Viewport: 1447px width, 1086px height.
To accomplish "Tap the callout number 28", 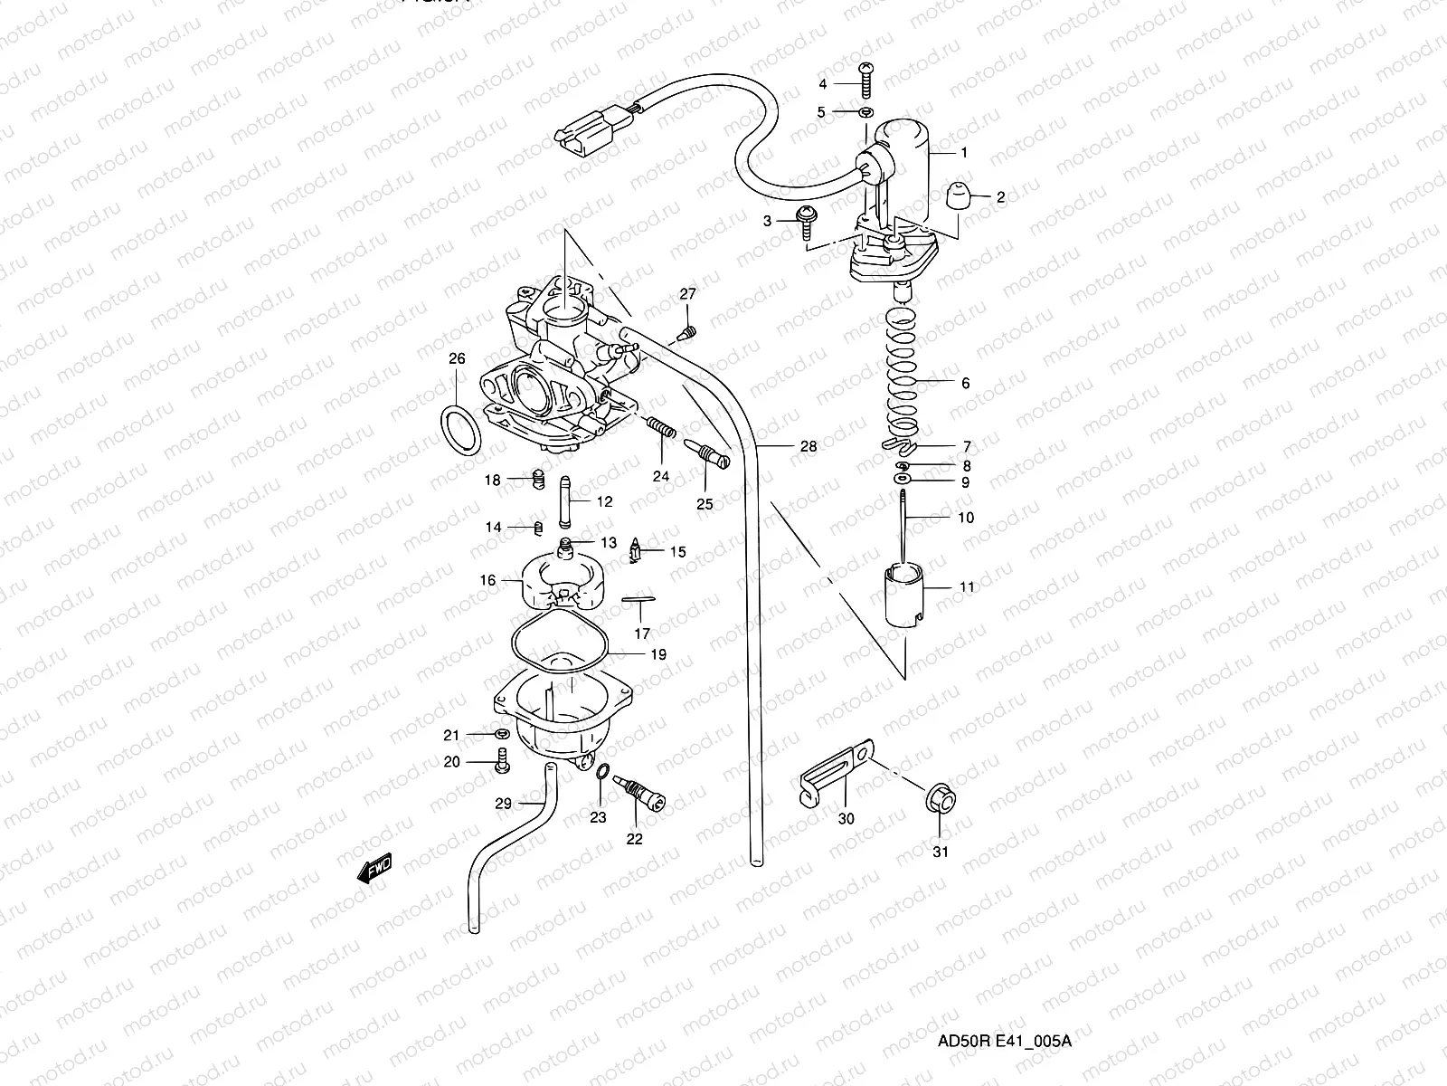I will (808, 446).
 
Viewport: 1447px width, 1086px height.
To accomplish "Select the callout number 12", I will (603, 500).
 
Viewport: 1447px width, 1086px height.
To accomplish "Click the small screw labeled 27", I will (687, 332).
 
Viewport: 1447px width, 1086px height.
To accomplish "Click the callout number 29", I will (504, 803).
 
